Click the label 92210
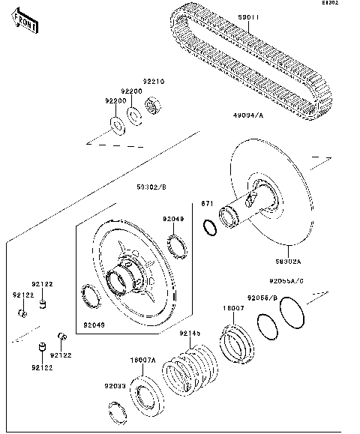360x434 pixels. [154, 81]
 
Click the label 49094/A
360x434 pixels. [247, 115]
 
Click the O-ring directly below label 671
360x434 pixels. [210, 226]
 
